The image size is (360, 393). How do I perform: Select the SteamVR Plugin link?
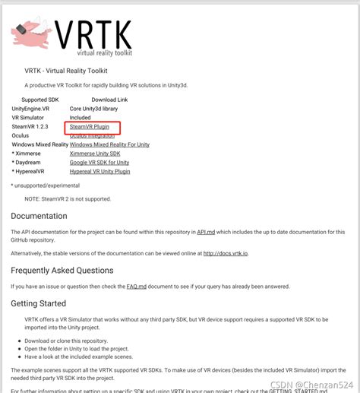click(x=90, y=127)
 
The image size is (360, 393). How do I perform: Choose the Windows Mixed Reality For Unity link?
click(x=109, y=144)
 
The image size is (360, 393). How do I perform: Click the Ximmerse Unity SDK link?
click(x=95, y=154)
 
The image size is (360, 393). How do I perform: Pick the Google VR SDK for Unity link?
click(x=99, y=163)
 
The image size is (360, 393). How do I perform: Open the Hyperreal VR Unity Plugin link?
click(x=99, y=172)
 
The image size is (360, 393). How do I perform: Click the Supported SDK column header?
click(x=39, y=100)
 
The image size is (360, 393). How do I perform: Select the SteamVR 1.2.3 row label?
click(x=30, y=127)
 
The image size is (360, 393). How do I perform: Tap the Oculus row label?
click(x=21, y=135)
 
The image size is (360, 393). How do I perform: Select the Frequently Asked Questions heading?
click(x=62, y=270)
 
